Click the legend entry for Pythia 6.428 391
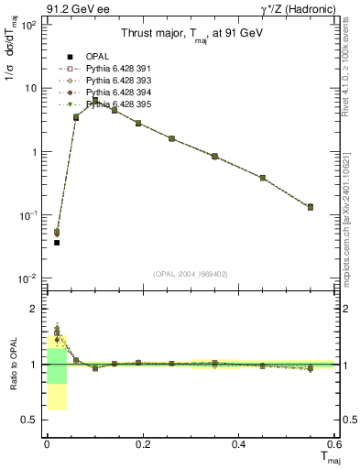[x=114, y=69]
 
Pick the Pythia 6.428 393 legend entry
[x=114, y=81]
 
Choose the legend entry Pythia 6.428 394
[x=114, y=93]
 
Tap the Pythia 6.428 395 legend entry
[x=114, y=104]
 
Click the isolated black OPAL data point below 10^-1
[x=56, y=242]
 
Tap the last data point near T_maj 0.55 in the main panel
[x=310, y=207]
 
